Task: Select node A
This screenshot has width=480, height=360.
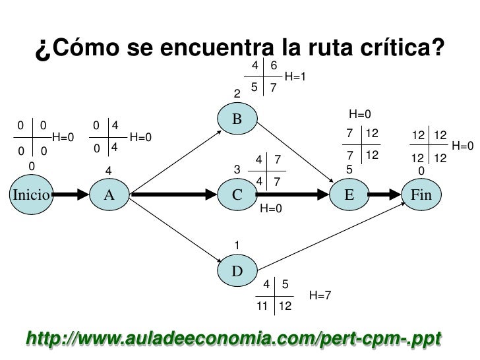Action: (109, 195)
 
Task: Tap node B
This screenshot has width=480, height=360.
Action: (237, 119)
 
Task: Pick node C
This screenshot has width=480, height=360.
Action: (237, 195)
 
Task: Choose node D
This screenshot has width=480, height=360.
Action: (237, 271)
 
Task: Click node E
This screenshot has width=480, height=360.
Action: (349, 195)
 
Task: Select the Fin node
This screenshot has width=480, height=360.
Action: (421, 195)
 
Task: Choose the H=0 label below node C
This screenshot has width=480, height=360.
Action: (271, 209)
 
